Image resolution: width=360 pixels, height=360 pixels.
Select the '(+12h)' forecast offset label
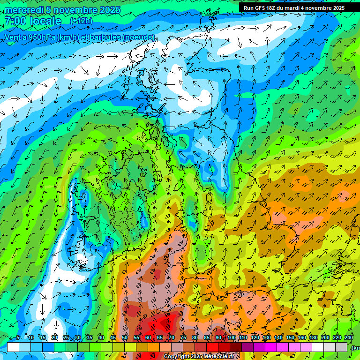pos(81,21)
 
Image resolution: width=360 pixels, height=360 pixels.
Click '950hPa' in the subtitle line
pos(40,37)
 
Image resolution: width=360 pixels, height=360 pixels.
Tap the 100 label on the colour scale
pos(232,338)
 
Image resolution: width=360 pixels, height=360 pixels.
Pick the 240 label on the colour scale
pos(348,338)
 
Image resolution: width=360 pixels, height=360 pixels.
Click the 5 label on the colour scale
pos(18,338)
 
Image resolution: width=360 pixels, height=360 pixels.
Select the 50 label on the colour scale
pos(125,338)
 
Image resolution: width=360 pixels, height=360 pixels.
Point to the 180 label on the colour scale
pos(314,338)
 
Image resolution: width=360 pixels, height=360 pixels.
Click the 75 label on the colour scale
pos(183,338)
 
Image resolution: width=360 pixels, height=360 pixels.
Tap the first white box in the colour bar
pos(13,347)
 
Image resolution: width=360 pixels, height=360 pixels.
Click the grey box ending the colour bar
pos(341,347)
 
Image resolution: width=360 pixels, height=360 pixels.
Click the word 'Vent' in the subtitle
pos(13,37)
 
